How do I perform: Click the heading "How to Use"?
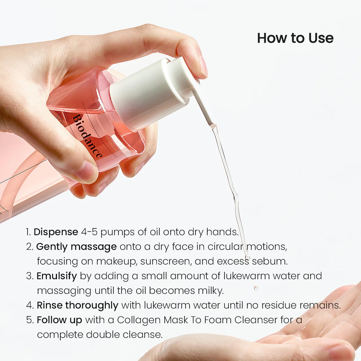[295, 38]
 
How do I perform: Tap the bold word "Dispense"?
[56, 232]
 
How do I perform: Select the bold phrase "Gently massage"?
[76, 247]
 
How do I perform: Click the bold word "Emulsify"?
[57, 276]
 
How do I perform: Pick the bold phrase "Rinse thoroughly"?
[78, 305]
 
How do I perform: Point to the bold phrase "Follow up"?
[60, 320]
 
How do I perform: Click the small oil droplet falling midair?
[256, 288]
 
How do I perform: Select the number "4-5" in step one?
[89, 232]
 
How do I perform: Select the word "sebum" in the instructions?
[270, 261]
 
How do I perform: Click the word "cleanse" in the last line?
[142, 335]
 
